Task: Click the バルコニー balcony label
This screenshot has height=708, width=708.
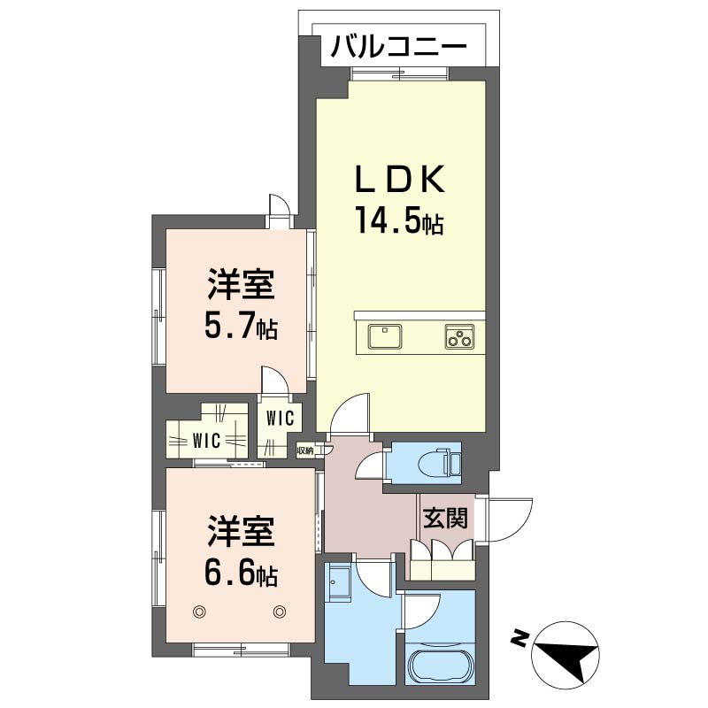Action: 398,46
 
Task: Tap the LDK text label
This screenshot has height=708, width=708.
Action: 400,179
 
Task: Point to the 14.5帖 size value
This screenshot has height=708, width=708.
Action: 400,219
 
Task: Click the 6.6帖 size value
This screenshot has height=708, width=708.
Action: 241,573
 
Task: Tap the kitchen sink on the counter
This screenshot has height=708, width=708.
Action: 385,336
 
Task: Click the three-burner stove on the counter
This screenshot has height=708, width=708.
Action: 459,336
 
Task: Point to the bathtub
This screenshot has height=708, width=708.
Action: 440,666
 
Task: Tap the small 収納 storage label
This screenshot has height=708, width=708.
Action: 305,450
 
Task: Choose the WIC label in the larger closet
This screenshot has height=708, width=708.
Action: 206,440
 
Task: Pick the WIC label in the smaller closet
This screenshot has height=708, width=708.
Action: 280,419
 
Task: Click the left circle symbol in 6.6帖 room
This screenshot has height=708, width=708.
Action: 199,612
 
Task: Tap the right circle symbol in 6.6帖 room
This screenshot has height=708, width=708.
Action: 280,612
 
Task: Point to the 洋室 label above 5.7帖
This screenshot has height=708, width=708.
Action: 241,284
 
